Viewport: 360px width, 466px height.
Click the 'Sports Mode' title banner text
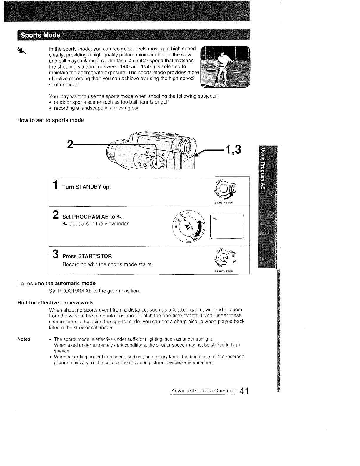pos(39,36)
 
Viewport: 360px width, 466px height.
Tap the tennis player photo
pos(225,67)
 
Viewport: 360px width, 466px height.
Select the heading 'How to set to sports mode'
pos(51,120)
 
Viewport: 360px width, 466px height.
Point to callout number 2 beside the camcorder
pos(70,144)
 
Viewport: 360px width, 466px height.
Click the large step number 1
pos(55,186)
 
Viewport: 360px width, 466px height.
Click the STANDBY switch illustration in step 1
pos(225,188)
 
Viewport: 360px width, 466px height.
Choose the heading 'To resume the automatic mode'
pos(56,283)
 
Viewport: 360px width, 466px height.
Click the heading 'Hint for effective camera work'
pos(55,302)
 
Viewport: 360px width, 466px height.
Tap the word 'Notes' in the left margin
pos(24,339)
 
